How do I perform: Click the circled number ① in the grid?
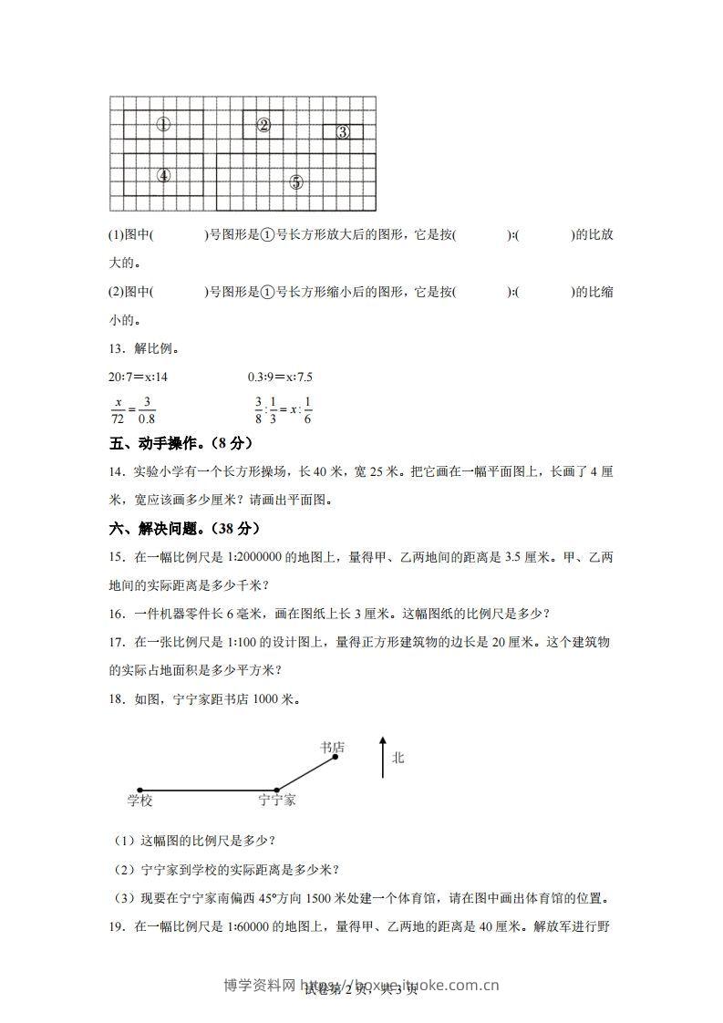click(x=163, y=125)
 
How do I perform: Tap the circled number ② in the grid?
click(x=263, y=125)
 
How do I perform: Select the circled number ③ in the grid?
click(x=343, y=132)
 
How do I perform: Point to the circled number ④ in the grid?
click(x=163, y=175)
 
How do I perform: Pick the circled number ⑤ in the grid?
click(x=295, y=181)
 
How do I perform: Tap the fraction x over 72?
click(x=118, y=409)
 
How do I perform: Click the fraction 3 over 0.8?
click(x=146, y=409)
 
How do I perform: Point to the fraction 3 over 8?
click(x=258, y=409)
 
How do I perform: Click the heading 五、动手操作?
click(x=179, y=443)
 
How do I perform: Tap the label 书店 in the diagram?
click(x=332, y=748)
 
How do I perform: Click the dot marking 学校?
click(x=139, y=790)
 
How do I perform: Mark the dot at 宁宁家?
click(x=277, y=790)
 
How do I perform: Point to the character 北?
click(x=398, y=758)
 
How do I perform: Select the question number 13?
click(x=115, y=349)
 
